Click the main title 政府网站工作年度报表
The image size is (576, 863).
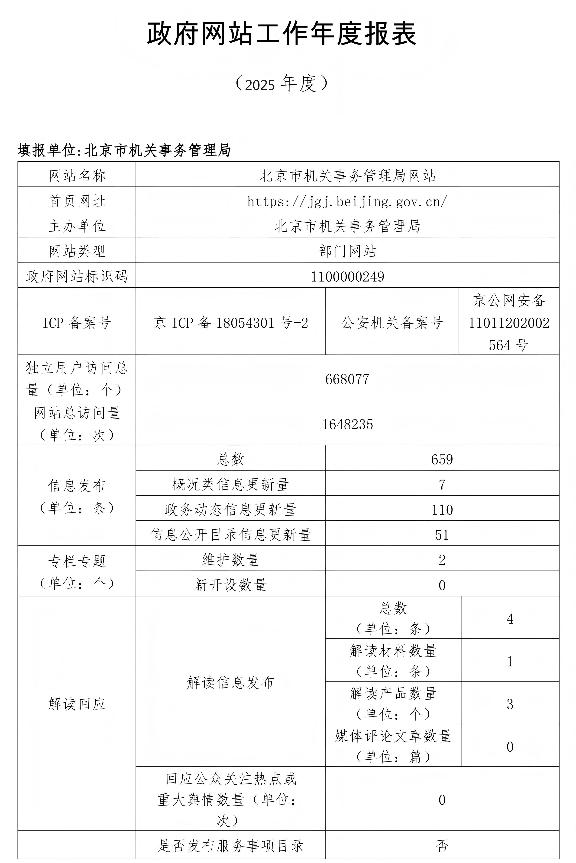pos(282,34)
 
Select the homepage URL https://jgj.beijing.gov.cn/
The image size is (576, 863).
pos(347,201)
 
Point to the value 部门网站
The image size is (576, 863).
pos(347,251)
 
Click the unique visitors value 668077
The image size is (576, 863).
pos(347,379)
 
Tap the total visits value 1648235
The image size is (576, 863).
pos(347,424)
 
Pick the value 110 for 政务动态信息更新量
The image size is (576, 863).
pos(442,510)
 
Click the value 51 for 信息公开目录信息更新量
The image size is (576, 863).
pos(442,535)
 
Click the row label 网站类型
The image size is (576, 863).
pos(77,251)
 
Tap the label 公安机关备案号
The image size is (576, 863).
pos(392,323)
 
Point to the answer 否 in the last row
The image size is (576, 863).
pos(442,846)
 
